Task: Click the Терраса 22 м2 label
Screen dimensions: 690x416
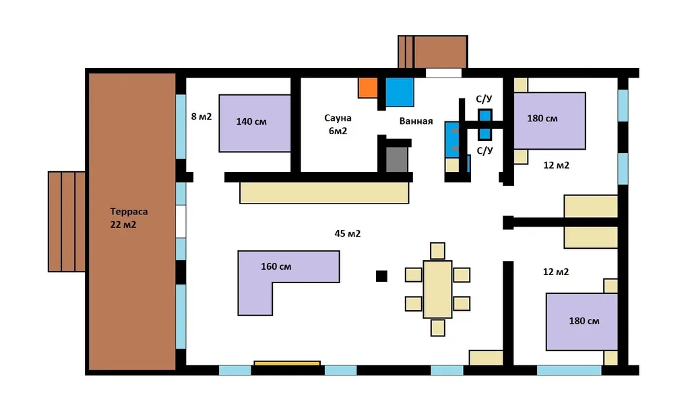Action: pos(129,218)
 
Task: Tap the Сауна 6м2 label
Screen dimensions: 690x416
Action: pos(338,124)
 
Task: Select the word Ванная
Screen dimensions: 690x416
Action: pos(416,121)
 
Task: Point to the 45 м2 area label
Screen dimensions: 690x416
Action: pos(347,233)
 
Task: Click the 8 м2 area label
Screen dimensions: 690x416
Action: pos(201,117)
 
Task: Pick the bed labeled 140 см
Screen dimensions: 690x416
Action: pos(255,123)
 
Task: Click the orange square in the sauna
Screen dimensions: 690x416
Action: pos(367,88)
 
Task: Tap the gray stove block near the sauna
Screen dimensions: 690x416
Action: pos(397,159)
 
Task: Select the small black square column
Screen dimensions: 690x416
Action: pos(381,276)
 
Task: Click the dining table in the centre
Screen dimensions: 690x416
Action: pos(437,289)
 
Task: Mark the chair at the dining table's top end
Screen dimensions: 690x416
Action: pos(437,251)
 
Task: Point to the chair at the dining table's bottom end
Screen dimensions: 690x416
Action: pos(437,328)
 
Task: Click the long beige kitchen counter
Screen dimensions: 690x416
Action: pos(324,193)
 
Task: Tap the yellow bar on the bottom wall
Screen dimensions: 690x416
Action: pos(287,363)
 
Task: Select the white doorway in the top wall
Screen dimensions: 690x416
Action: pos(443,73)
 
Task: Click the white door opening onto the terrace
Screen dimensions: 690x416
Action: pos(181,221)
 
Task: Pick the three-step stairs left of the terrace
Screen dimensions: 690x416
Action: pos(67,221)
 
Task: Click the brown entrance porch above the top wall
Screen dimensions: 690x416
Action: pos(433,52)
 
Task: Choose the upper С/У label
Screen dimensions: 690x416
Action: pos(484,99)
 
